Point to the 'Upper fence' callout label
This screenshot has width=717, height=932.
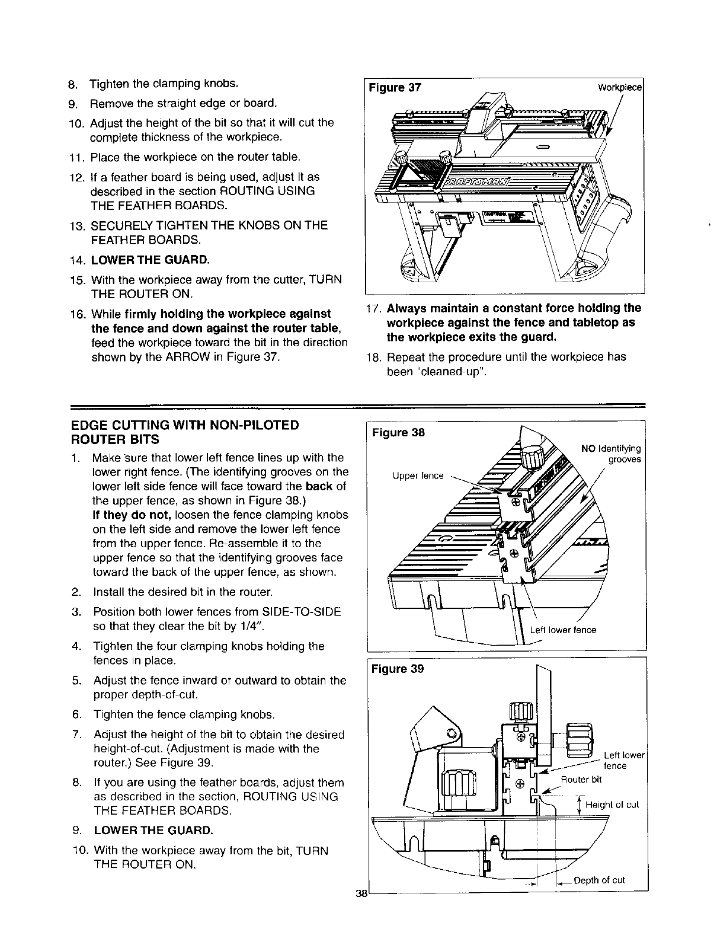(x=418, y=475)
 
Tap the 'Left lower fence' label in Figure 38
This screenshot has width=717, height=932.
(x=563, y=630)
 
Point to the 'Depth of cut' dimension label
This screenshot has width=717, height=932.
(x=599, y=880)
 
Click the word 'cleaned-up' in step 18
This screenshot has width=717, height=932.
(x=448, y=372)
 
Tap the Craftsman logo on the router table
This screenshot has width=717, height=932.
(x=486, y=181)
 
